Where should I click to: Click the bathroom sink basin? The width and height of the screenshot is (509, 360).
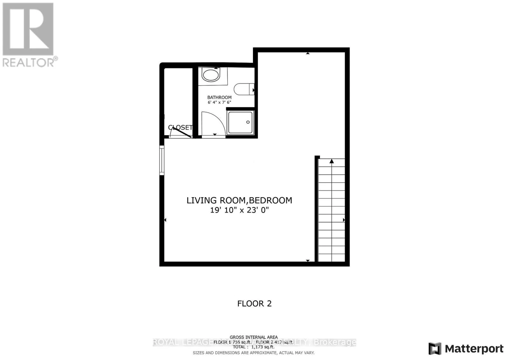click(x=211, y=76)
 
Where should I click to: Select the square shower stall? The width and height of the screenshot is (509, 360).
click(x=240, y=122)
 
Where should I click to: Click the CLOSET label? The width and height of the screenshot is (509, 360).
click(x=180, y=128)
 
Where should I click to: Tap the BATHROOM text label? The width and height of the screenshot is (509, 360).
click(x=219, y=97)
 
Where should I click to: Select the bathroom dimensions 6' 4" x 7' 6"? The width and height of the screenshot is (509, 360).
click(x=219, y=102)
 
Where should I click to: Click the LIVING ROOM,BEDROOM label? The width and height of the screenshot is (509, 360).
click(x=239, y=200)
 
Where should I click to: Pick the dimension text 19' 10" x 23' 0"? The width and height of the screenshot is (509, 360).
click(x=239, y=210)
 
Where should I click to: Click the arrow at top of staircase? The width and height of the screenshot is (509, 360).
click(x=331, y=162)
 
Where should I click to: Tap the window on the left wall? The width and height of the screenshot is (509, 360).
click(x=162, y=160)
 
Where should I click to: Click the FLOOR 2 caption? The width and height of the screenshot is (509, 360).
click(x=254, y=303)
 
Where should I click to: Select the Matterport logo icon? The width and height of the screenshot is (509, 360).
click(x=435, y=349)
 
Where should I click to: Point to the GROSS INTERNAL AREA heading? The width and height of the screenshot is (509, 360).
click(x=254, y=337)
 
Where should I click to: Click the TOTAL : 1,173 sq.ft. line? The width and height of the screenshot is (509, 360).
click(x=254, y=347)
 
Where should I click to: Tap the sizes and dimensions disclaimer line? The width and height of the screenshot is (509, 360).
click(x=254, y=353)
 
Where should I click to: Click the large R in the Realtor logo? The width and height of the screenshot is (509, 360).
click(x=28, y=29)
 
